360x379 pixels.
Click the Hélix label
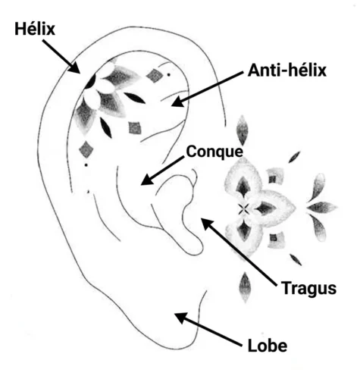coord(35,29)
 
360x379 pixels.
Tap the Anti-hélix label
coord(287,70)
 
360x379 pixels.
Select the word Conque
coord(214,152)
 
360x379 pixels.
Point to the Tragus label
coord(308,288)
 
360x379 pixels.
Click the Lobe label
coord(268,346)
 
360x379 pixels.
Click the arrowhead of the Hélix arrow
coord(75,68)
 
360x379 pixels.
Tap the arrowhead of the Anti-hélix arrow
coord(177,102)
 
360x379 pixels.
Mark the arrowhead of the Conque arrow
coord(147,179)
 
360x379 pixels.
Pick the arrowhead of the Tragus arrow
coord(207,224)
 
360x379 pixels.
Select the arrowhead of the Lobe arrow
coord(180,318)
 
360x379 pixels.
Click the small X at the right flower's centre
coord(243,209)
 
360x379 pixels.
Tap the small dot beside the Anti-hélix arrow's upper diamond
coord(168,74)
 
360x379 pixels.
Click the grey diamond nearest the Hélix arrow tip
coord(155,76)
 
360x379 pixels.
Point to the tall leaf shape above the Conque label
coord(242,130)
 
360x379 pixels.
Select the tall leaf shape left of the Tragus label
coord(245,287)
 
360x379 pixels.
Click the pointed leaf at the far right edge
coord(322,208)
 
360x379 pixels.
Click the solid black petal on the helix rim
coord(90,82)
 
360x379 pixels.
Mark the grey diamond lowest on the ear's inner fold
coord(86,149)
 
